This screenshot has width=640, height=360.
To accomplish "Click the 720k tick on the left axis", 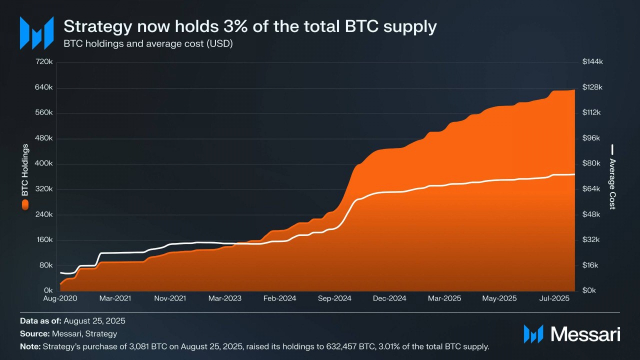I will [44, 62].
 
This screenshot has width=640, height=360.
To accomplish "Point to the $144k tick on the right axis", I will [592, 62].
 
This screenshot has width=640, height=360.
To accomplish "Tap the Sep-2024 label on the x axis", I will [334, 298].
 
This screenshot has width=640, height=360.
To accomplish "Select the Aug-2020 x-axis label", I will [60, 298].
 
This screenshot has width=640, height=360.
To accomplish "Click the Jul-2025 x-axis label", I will [554, 298].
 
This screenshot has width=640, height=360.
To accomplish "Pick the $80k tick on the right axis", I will [591, 163].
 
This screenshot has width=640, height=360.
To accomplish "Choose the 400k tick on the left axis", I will [44, 163].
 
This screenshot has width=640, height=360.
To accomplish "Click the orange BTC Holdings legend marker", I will [25, 205].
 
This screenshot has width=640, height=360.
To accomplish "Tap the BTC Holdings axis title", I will [25, 170].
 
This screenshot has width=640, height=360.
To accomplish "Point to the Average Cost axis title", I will [612, 184].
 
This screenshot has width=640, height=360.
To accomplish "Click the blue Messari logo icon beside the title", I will [37, 33].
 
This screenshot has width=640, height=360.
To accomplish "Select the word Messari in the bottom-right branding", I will [585, 334].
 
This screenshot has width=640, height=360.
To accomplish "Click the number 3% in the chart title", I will [235, 26].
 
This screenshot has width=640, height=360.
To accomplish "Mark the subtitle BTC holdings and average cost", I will [148, 44].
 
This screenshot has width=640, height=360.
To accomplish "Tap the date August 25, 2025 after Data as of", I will [94, 321].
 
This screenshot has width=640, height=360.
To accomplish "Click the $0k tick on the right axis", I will [589, 290].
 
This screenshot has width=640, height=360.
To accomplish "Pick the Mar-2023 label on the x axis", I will [225, 298].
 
